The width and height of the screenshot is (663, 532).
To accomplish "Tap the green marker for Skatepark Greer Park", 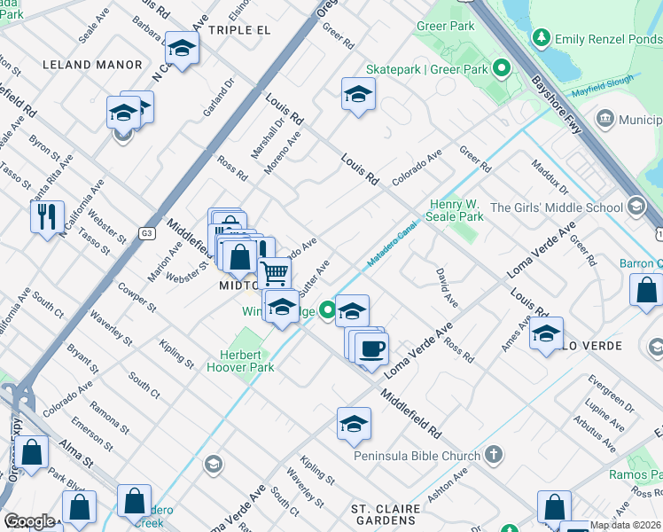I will click(502, 68).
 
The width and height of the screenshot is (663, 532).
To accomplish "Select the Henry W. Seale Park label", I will click(456, 210).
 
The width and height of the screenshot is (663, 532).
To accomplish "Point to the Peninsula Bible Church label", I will click(416, 456).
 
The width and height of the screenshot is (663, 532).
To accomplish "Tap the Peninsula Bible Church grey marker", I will click(494, 456).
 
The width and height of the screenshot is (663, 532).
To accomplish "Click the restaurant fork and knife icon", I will click(47, 215).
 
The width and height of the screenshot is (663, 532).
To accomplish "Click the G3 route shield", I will click(146, 233).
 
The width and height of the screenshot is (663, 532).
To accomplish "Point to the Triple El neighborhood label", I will click(238, 29).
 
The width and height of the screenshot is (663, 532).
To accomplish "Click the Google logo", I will click(29, 521).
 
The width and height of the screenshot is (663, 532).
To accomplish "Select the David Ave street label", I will click(447, 288).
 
